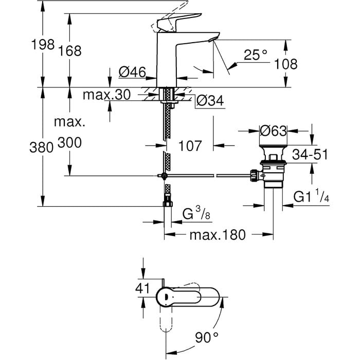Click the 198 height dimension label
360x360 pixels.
click(43, 44)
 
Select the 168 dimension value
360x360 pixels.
click(70, 51)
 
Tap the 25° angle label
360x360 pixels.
click(256, 55)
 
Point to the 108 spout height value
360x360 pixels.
click(286, 64)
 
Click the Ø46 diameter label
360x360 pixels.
click(132, 72)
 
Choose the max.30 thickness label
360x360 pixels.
click(107, 94)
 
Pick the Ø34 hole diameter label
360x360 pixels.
click(210, 101)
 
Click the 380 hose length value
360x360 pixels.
click(41, 147)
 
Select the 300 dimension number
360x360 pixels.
click(69, 142)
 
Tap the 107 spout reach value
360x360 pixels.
click(190, 146)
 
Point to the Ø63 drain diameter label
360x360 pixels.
click(273, 131)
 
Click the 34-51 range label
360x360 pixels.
click(310, 154)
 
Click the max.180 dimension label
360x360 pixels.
click(218, 235)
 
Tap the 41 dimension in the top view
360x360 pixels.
click(142, 288)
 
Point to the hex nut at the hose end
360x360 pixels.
click(168, 204)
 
